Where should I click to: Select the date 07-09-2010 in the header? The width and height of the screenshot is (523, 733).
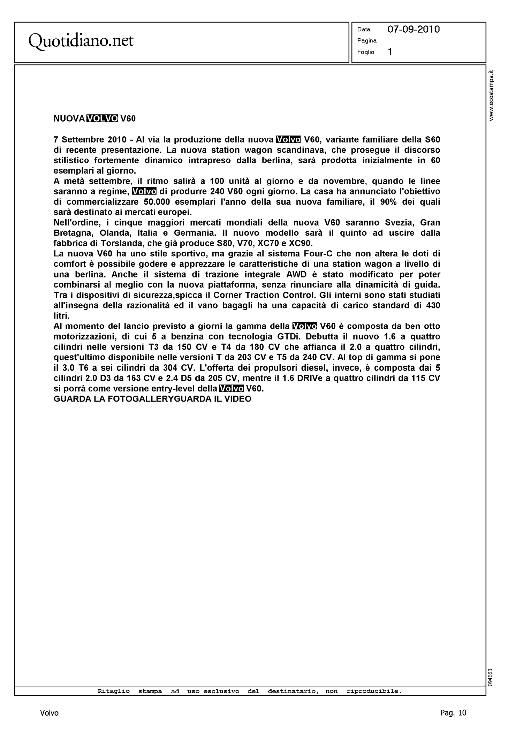pyautogui.click(x=414, y=29)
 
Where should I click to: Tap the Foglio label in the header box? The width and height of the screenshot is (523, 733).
pyautogui.click(x=365, y=52)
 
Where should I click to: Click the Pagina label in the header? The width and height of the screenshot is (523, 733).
pyautogui.click(x=367, y=41)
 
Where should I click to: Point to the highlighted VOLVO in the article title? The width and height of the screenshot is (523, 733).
pyautogui.click(x=102, y=119)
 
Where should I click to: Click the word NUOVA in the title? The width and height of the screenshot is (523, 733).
pyautogui.click(x=69, y=119)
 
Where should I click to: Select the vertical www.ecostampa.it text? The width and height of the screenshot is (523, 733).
pyautogui.click(x=492, y=95)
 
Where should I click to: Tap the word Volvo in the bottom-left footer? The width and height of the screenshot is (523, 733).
pyautogui.click(x=49, y=713)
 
